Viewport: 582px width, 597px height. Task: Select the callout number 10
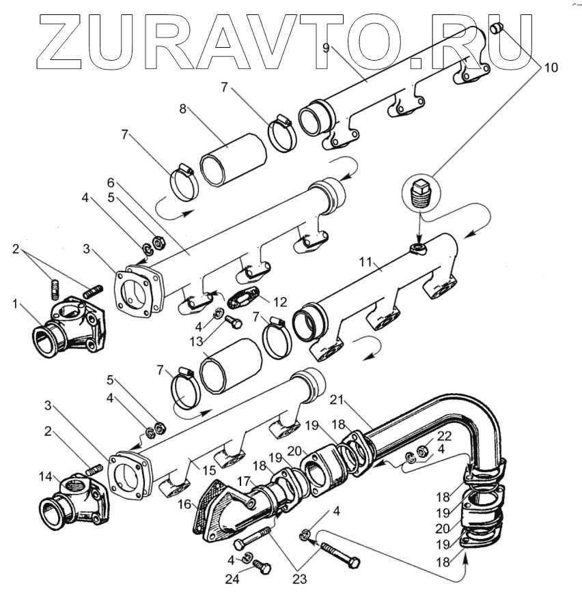(551, 68)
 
